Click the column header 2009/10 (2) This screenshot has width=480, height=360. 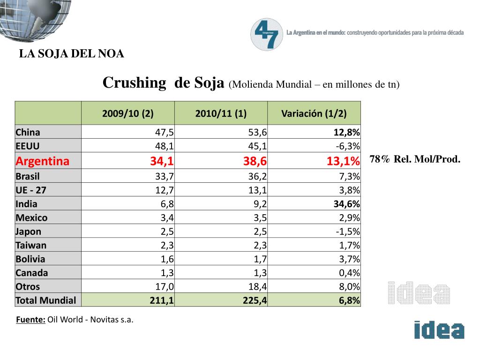[x=127, y=113]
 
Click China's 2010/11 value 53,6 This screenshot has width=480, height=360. [x=258, y=132]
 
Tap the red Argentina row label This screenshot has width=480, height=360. [x=42, y=161]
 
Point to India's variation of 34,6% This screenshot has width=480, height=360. [x=346, y=204]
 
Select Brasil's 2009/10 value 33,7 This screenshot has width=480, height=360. [x=165, y=177]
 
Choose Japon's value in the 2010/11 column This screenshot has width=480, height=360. [x=260, y=232]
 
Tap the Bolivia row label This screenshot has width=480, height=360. [x=30, y=259]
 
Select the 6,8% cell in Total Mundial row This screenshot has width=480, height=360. [x=349, y=300]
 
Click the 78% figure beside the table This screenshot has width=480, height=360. [x=380, y=159]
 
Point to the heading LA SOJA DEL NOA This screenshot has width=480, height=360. [x=71, y=54]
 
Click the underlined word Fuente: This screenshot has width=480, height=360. [x=30, y=320]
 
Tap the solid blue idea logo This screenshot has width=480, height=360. [x=439, y=330]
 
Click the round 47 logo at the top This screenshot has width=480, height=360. [x=267, y=34]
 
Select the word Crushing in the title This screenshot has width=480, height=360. [x=134, y=83]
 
